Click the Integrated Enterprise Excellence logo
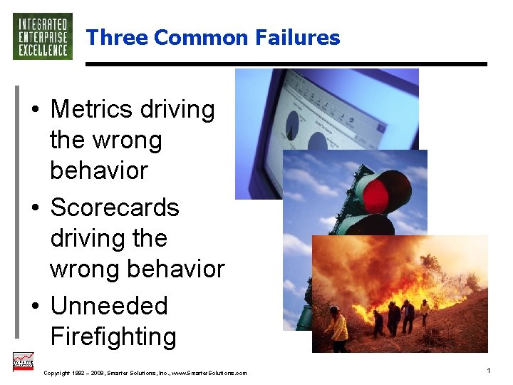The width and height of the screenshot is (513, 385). pyautogui.click(x=43, y=36)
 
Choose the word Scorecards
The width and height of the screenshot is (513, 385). pyautogui.click(x=115, y=207)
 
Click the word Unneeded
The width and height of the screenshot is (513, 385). pyautogui.click(x=109, y=306)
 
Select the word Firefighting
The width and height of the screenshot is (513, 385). pyautogui.click(x=113, y=336)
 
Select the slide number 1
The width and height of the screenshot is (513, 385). pyautogui.click(x=488, y=371)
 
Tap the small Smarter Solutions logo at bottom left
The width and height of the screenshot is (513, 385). pyautogui.click(x=24, y=362)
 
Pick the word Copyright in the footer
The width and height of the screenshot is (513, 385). pyautogui.click(x=57, y=373)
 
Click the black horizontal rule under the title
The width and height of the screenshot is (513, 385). pyautogui.click(x=286, y=64)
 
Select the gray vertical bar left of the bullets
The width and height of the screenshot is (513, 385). pyautogui.click(x=17, y=210)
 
